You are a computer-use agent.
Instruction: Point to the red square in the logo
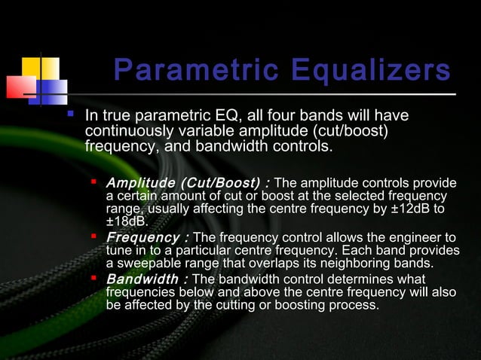coord(20,87)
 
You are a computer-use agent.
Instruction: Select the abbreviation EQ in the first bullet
coord(230,116)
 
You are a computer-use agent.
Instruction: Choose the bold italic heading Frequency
coord(140,238)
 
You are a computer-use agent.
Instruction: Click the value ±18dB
coord(127,221)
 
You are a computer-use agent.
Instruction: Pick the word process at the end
coord(352,305)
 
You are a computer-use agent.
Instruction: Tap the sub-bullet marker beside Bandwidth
coord(94,279)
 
